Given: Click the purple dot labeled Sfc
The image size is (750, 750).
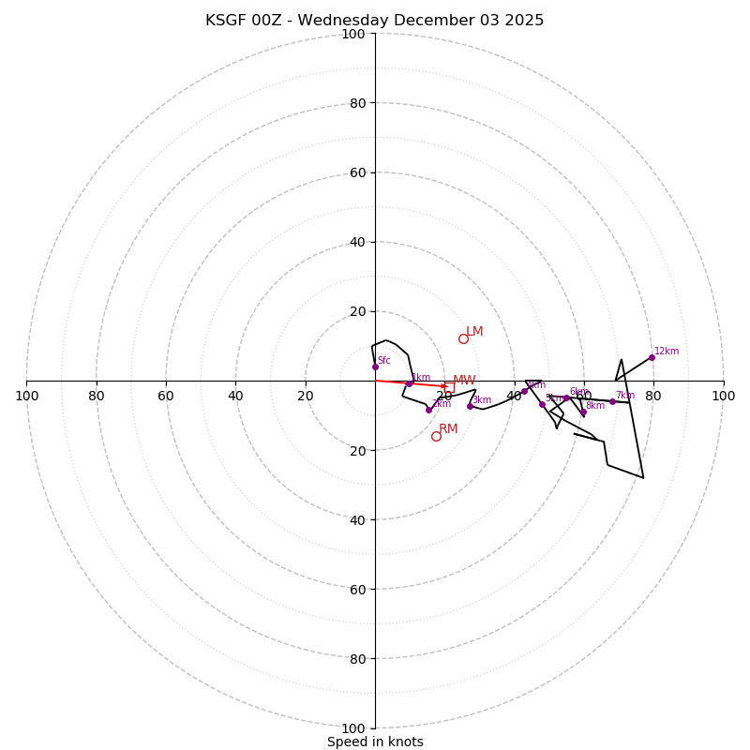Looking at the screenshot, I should click(x=375, y=367).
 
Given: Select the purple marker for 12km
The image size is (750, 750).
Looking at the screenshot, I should click(x=652, y=357).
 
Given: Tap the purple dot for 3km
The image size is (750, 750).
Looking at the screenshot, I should click(x=470, y=406).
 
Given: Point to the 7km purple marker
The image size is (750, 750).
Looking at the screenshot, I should click(x=612, y=401).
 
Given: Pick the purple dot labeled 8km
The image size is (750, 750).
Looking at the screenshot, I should click(x=582, y=412).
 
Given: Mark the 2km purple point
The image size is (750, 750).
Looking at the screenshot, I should click(x=428, y=410).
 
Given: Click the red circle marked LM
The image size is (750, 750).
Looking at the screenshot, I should click(x=463, y=338).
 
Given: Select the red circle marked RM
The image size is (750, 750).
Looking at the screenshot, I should click(x=436, y=436).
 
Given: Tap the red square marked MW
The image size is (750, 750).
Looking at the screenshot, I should click(x=449, y=386).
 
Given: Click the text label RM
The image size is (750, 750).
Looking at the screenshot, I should click(x=448, y=428).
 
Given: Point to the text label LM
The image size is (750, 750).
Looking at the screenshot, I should click(x=474, y=331).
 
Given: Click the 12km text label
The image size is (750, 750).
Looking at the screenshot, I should click(x=667, y=352).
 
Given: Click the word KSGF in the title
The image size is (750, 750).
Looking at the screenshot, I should click(x=228, y=21).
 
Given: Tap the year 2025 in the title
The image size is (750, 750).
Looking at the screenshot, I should click(x=522, y=21).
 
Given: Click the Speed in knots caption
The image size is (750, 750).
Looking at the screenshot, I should click(x=375, y=742).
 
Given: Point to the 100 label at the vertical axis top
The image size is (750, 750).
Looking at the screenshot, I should click(x=352, y=34).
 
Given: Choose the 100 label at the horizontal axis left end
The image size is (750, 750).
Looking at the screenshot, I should click(x=26, y=396).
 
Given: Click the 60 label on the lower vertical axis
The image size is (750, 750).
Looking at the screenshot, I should click(x=358, y=589).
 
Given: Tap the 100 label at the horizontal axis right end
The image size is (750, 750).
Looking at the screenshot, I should click(x=723, y=396).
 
